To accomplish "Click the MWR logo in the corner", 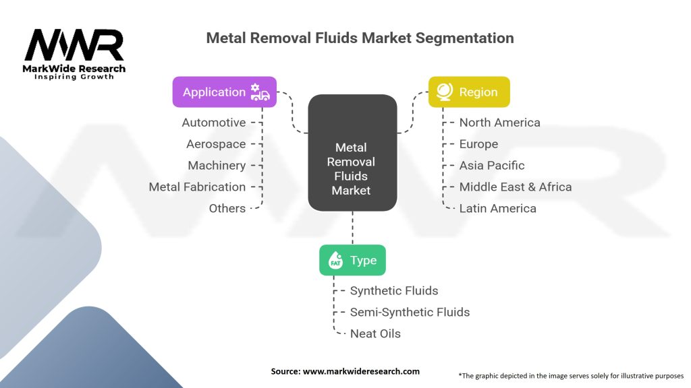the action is (x=74, y=54).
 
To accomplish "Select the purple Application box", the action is (x=224, y=92).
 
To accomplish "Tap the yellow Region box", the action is (x=469, y=92).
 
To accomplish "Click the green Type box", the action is (x=352, y=260).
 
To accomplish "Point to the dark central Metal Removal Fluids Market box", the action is (x=352, y=153).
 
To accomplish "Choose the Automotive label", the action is (x=214, y=123).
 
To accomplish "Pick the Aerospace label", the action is (x=216, y=144).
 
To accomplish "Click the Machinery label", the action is (x=217, y=166).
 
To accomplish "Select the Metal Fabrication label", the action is (x=197, y=187).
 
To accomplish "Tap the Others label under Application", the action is (x=227, y=209).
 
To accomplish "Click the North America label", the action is (x=500, y=123).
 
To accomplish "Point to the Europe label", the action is (x=478, y=144).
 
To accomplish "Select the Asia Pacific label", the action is (x=492, y=166).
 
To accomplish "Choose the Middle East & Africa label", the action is (x=516, y=187).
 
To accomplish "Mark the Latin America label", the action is (x=497, y=209).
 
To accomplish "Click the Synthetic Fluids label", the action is (x=394, y=291).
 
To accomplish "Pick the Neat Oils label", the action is (x=375, y=334).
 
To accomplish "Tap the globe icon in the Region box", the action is (x=444, y=92).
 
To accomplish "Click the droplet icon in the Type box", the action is (x=335, y=260).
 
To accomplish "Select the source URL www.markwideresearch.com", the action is (x=361, y=371).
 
